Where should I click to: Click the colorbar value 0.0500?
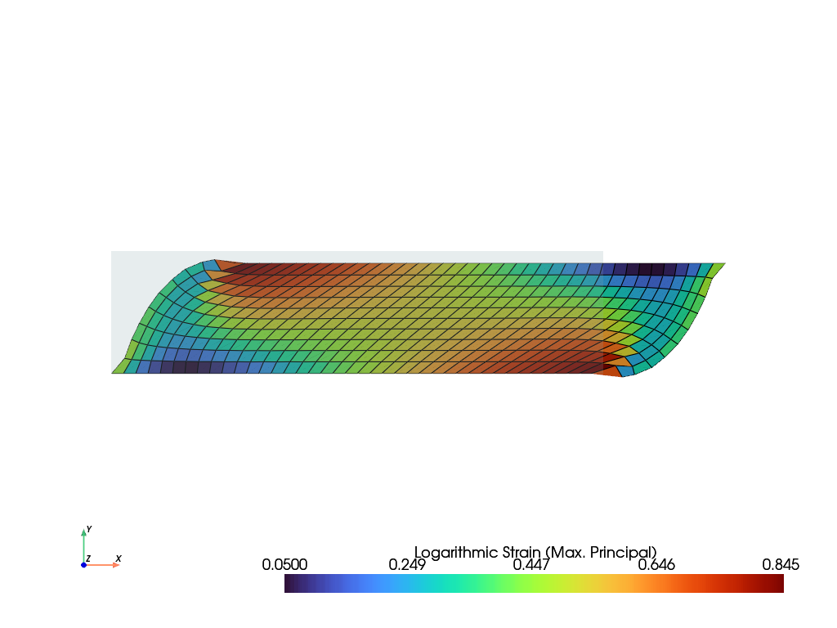[284, 564]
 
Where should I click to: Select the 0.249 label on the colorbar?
[407, 564]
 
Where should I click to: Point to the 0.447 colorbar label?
[531, 564]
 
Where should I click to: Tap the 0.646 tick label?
[656, 564]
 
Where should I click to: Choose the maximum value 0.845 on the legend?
[781, 564]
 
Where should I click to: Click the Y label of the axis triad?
[89, 529]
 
